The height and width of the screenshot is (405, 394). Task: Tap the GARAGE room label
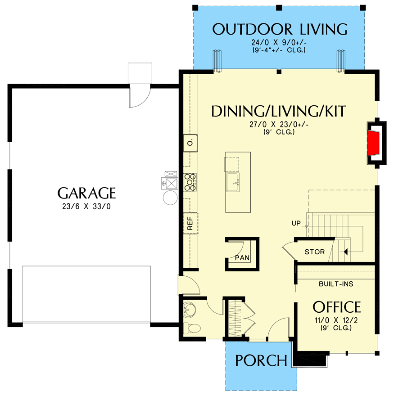point(87,193)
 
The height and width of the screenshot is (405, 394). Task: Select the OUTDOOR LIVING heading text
point(280,29)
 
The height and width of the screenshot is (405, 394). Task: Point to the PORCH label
point(261,360)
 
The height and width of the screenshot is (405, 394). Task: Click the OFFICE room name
point(337,307)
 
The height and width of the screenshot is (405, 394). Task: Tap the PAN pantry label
point(242,257)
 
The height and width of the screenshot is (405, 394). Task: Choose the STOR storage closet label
point(314,252)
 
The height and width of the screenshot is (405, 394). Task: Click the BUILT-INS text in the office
point(336,284)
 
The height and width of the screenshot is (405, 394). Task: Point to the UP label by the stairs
point(295,223)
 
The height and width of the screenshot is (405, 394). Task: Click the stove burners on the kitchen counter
point(190,180)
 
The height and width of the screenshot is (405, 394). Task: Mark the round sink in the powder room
point(189,310)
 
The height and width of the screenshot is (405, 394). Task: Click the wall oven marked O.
point(190,143)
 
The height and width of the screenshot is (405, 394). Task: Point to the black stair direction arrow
point(345,252)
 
